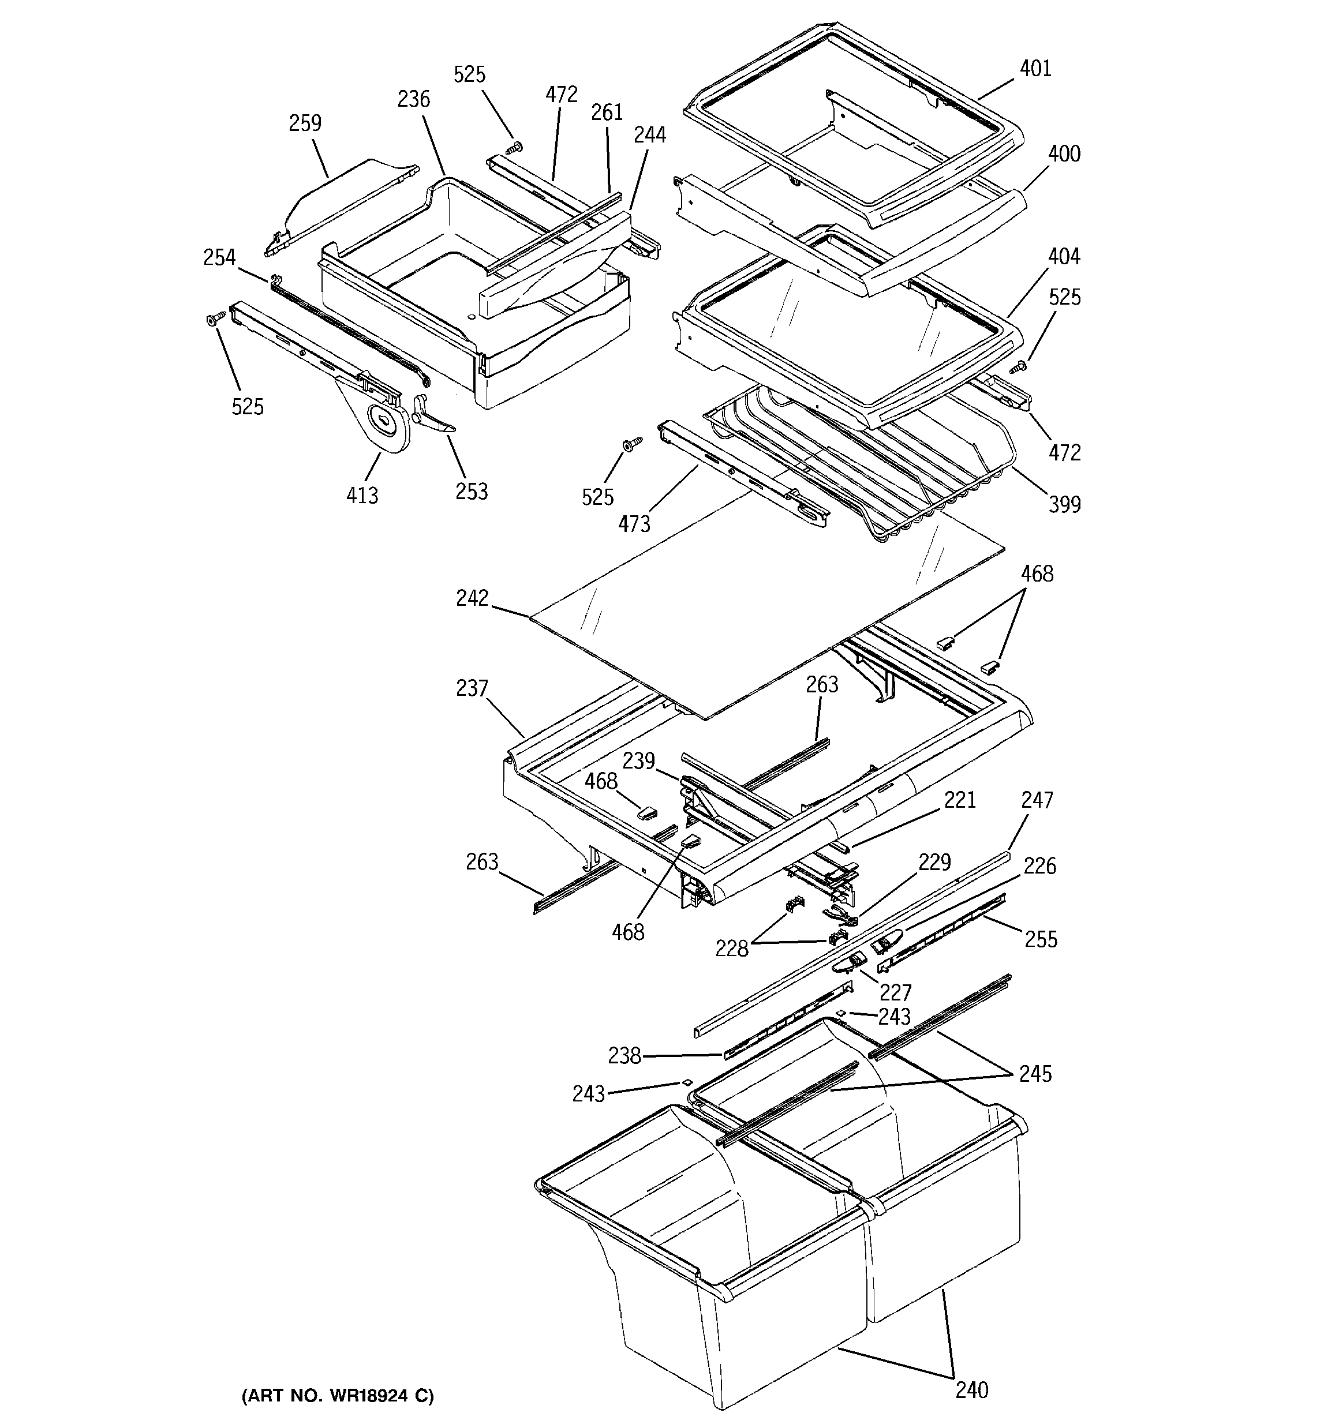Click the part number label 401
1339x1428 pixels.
coord(1035,69)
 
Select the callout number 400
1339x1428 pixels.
coord(1064,153)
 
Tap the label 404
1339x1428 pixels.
coord(1064,256)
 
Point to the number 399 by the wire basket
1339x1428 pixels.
coord(1064,504)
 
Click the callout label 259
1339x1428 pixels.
coord(305,123)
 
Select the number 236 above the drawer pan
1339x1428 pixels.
coord(413,99)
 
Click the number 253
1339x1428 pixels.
coord(472,492)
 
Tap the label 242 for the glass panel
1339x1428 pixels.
coord(472,598)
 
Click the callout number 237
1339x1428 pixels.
coord(472,689)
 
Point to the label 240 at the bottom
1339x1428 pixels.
coord(972,1410)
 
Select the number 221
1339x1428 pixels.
coord(960,800)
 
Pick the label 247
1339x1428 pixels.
coord(1037,800)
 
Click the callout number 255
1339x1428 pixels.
coord(1041,939)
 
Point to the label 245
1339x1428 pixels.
coord(1035,1074)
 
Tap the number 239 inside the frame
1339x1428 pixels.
coord(638,760)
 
